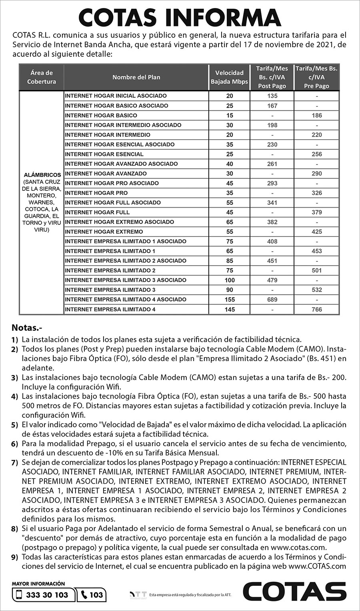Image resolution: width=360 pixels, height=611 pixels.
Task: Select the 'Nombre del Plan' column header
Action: [136, 77]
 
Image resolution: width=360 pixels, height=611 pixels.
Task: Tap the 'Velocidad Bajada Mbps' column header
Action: [229, 77]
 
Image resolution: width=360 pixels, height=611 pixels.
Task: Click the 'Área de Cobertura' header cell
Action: [42, 77]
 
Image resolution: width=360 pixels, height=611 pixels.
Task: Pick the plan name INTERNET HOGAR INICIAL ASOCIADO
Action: [116, 96]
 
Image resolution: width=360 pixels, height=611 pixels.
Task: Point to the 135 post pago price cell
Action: [272, 96]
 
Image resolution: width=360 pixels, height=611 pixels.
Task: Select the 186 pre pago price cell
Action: [316, 115]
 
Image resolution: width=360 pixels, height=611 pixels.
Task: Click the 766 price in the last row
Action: [316, 309]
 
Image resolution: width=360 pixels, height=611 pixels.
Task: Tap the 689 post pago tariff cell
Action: [272, 299]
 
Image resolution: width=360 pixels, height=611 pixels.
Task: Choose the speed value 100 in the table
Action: [230, 280]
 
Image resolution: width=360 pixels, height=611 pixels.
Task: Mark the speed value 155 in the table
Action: [230, 299]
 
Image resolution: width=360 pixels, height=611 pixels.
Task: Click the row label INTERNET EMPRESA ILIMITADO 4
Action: [110, 309]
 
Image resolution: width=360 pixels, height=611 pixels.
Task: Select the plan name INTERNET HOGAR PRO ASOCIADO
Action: [112, 183]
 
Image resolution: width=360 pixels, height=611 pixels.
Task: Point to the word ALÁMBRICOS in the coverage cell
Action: [42, 175]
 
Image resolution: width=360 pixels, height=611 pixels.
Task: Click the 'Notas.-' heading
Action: [27, 328]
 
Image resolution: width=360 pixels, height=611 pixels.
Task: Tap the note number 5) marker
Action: [15, 425]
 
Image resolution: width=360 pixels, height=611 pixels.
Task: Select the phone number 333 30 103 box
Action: [43, 595]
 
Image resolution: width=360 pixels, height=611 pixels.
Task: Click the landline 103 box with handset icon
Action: [92, 595]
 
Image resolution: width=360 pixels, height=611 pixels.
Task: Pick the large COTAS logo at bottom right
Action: [294, 592]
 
